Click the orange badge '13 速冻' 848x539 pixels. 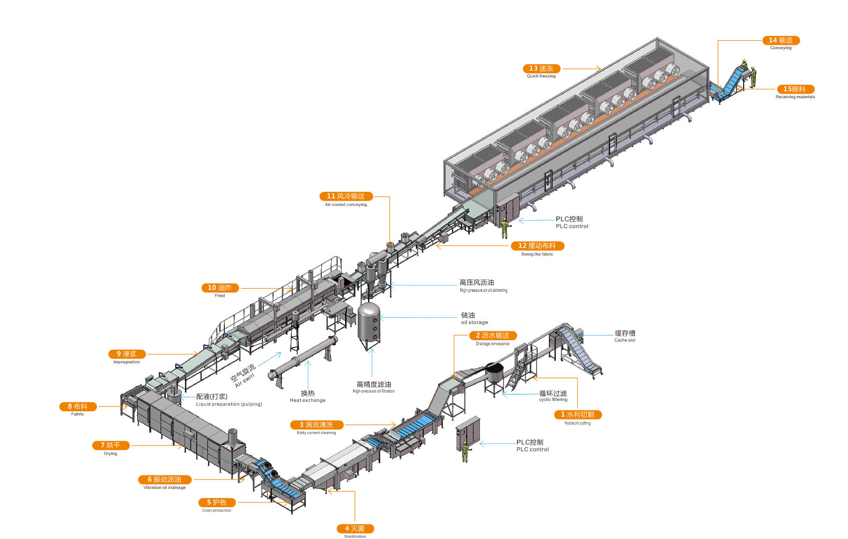coord(541,69)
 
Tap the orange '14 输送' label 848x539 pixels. coord(781,41)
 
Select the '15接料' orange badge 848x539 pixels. coord(795,89)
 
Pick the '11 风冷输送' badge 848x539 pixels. coord(346,197)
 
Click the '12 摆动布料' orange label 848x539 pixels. coord(537,246)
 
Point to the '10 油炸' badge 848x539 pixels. coord(220,288)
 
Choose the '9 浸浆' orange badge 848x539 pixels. coord(126,354)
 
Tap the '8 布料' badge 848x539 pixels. coord(78,407)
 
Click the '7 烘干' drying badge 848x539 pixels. coord(111,445)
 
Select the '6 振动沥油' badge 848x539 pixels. coord(164,480)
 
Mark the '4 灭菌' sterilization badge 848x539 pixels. coord(355,529)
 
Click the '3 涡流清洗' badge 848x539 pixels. coord(317,425)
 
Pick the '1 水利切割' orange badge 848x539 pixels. coord(577,415)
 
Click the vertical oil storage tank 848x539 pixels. coord(369,323)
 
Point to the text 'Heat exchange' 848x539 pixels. coord(307,401)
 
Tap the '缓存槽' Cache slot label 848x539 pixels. coord(625,334)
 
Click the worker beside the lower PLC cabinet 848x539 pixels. coord(465,452)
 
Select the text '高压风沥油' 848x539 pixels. coord(476,283)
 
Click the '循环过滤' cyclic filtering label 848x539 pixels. coord(553,393)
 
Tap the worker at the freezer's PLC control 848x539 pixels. coord(504,228)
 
